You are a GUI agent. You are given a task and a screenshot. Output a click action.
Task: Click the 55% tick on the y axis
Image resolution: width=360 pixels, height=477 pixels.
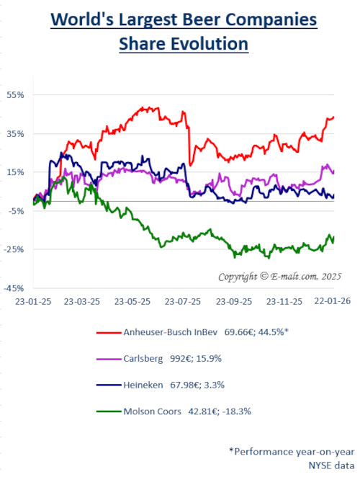[x=17, y=94]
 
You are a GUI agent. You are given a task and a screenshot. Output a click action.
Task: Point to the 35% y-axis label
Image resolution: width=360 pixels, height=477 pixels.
[x=17, y=133]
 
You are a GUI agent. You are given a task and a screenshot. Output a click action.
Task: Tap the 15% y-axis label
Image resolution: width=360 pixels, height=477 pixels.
[x=17, y=172]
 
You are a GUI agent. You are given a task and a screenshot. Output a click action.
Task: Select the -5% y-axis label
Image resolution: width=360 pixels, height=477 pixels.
[x=17, y=210]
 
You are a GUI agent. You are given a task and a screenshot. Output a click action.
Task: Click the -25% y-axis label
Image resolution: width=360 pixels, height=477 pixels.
[x=16, y=249]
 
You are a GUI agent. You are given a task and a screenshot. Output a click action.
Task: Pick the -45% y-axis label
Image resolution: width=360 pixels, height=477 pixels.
[x=16, y=287]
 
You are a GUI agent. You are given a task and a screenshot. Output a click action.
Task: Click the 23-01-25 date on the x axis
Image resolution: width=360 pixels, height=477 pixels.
[x=33, y=302]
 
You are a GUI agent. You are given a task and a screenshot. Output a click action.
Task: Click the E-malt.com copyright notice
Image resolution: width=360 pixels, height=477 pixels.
[x=280, y=277]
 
